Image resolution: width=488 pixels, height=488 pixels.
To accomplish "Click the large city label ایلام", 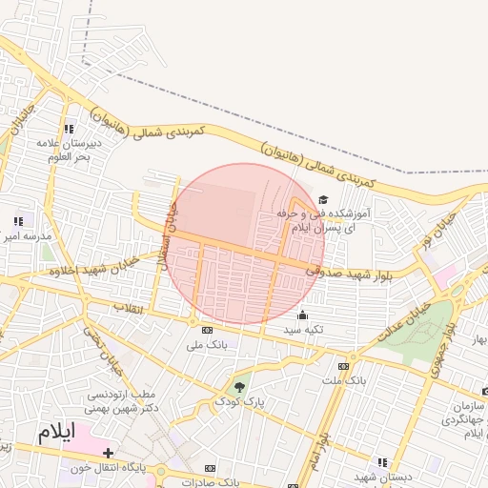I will click(x=55, y=431).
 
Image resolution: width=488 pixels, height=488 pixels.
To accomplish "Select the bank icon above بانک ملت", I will click(x=343, y=366).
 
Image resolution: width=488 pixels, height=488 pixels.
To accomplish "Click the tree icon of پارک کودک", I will click(x=238, y=387).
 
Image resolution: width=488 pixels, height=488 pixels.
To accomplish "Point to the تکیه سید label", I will click(x=303, y=330).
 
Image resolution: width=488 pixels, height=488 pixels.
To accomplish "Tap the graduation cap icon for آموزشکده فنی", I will click(x=323, y=200).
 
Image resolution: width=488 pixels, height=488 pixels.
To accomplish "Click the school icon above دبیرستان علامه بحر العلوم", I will click(x=68, y=129).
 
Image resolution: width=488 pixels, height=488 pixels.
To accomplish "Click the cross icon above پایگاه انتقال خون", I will click(x=108, y=453).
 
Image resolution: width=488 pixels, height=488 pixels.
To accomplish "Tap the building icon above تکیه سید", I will click(x=303, y=315).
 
